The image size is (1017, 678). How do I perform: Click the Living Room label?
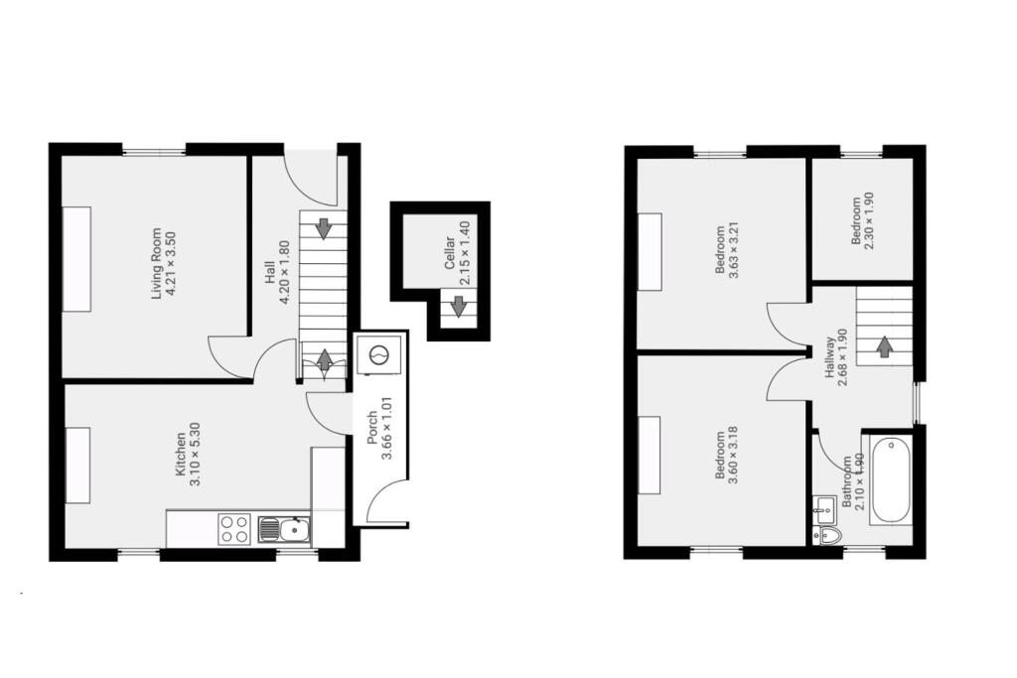(x=155, y=265)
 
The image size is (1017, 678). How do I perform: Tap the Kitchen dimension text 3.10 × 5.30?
(x=195, y=455)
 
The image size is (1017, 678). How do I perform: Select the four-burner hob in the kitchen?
(x=234, y=527)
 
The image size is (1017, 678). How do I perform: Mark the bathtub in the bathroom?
(x=889, y=478)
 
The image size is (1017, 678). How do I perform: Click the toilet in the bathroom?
(x=827, y=536)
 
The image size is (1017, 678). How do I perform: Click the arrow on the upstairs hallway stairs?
(x=883, y=346)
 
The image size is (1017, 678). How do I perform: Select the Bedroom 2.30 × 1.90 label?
(x=856, y=221)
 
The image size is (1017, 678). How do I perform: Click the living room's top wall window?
(x=154, y=150)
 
